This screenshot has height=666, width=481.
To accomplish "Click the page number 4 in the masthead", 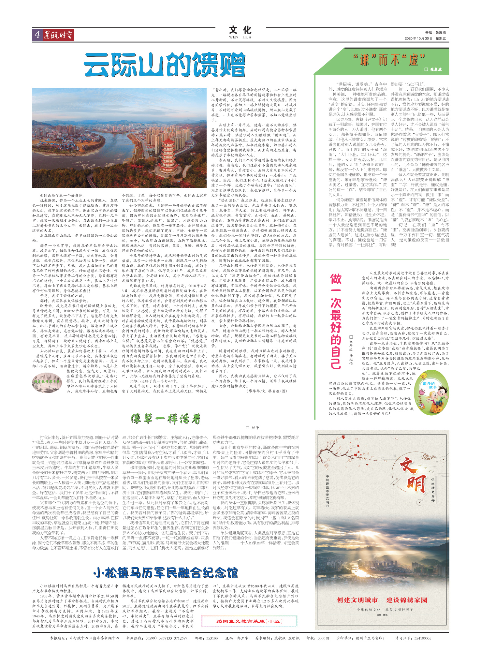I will pyautogui.click(x=37, y=35).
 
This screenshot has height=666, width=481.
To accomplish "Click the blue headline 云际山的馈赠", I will pyautogui.click(x=164, y=65).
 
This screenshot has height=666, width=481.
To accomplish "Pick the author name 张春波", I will pyautogui.click(x=435, y=69).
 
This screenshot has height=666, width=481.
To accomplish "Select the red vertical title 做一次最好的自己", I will pyautogui.click(x=336, y=321).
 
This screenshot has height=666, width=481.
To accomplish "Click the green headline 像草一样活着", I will pyautogui.click(x=166, y=419).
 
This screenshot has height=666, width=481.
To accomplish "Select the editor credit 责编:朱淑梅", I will pyautogui.click(x=435, y=33).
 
